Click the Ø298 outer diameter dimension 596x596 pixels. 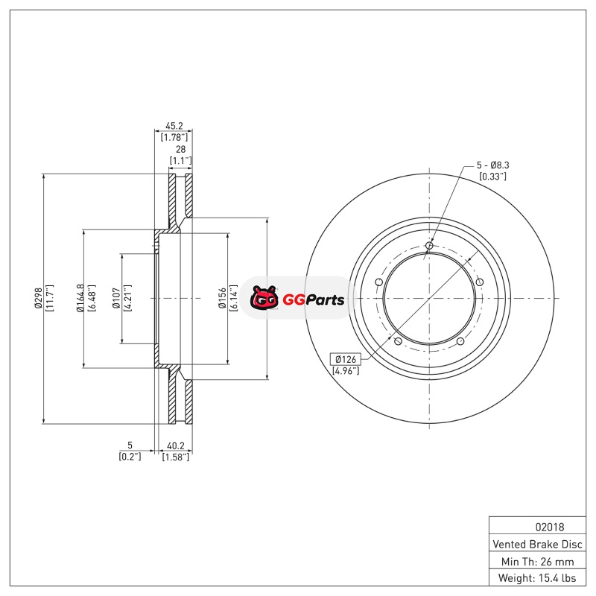[39, 299]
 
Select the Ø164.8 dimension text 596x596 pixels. [80, 299]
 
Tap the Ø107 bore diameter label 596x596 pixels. [116, 298]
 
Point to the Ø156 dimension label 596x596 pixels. [222, 298]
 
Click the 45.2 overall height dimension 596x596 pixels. [174, 125]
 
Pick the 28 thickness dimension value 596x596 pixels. [180, 149]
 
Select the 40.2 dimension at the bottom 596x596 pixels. [176, 446]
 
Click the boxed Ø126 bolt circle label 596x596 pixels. [346, 359]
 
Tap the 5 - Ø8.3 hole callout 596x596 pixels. [493, 165]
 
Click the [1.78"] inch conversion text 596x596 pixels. [174, 137]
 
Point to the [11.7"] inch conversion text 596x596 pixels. [50, 299]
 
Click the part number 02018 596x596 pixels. [550, 527]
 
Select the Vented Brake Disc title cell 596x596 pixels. [537, 545]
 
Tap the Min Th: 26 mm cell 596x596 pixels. [537, 562]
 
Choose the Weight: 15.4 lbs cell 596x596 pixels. [537, 578]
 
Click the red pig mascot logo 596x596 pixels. [264, 298]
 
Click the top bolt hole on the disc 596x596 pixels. [429, 246]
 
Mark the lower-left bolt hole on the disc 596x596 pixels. [398, 341]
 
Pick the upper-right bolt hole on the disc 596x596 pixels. [479, 282]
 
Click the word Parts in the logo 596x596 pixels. [325, 300]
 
